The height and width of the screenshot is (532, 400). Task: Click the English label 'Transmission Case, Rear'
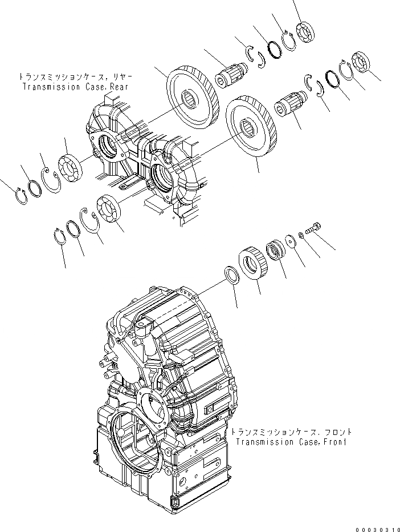(75, 87)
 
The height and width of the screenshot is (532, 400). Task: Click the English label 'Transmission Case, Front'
(292, 441)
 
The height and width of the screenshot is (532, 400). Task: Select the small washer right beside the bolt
(300, 235)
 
